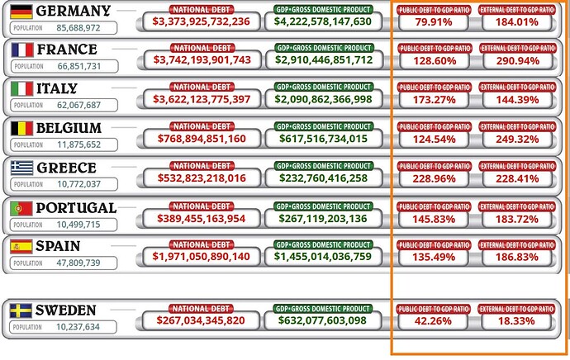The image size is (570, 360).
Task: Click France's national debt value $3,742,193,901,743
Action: click(202, 60)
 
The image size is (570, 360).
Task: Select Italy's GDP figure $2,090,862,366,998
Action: click(323, 99)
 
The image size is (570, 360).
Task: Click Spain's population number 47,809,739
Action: click(68, 263)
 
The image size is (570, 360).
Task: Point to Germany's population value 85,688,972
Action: click(68, 28)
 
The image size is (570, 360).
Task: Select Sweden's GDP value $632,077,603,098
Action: click(323, 320)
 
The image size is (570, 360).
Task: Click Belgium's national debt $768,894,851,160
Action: click(202, 139)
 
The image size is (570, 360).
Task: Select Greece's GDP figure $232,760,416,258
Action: click(323, 178)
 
